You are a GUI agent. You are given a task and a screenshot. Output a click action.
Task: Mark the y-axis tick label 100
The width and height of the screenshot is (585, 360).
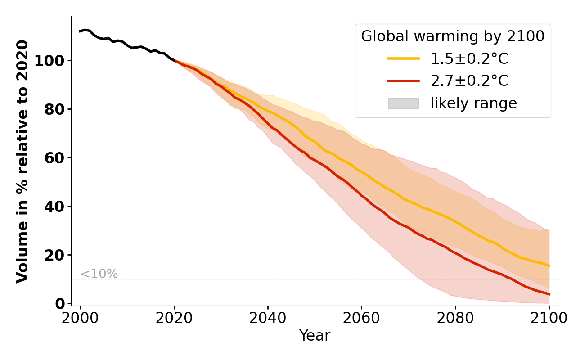tap(49, 61)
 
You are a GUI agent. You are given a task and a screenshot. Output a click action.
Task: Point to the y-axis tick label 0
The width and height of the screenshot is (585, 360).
tap(60, 304)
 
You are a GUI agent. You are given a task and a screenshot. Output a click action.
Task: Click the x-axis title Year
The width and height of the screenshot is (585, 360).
tap(315, 336)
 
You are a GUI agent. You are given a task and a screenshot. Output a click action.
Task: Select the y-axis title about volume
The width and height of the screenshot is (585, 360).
tap(22, 161)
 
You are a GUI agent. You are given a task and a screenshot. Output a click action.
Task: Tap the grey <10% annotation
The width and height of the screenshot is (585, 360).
tap(99, 274)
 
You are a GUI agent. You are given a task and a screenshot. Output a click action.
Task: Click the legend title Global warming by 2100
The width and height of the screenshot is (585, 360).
tap(453, 36)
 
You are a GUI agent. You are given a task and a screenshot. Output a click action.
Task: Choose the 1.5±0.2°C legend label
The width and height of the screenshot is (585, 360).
tap(469, 59)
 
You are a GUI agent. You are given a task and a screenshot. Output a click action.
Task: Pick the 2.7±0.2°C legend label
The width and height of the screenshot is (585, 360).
tap(469, 81)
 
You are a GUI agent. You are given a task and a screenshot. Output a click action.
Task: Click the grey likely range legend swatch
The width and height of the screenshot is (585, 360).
tap(403, 103)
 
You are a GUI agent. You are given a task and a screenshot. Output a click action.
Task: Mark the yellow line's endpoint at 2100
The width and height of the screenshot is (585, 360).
tap(549, 265)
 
